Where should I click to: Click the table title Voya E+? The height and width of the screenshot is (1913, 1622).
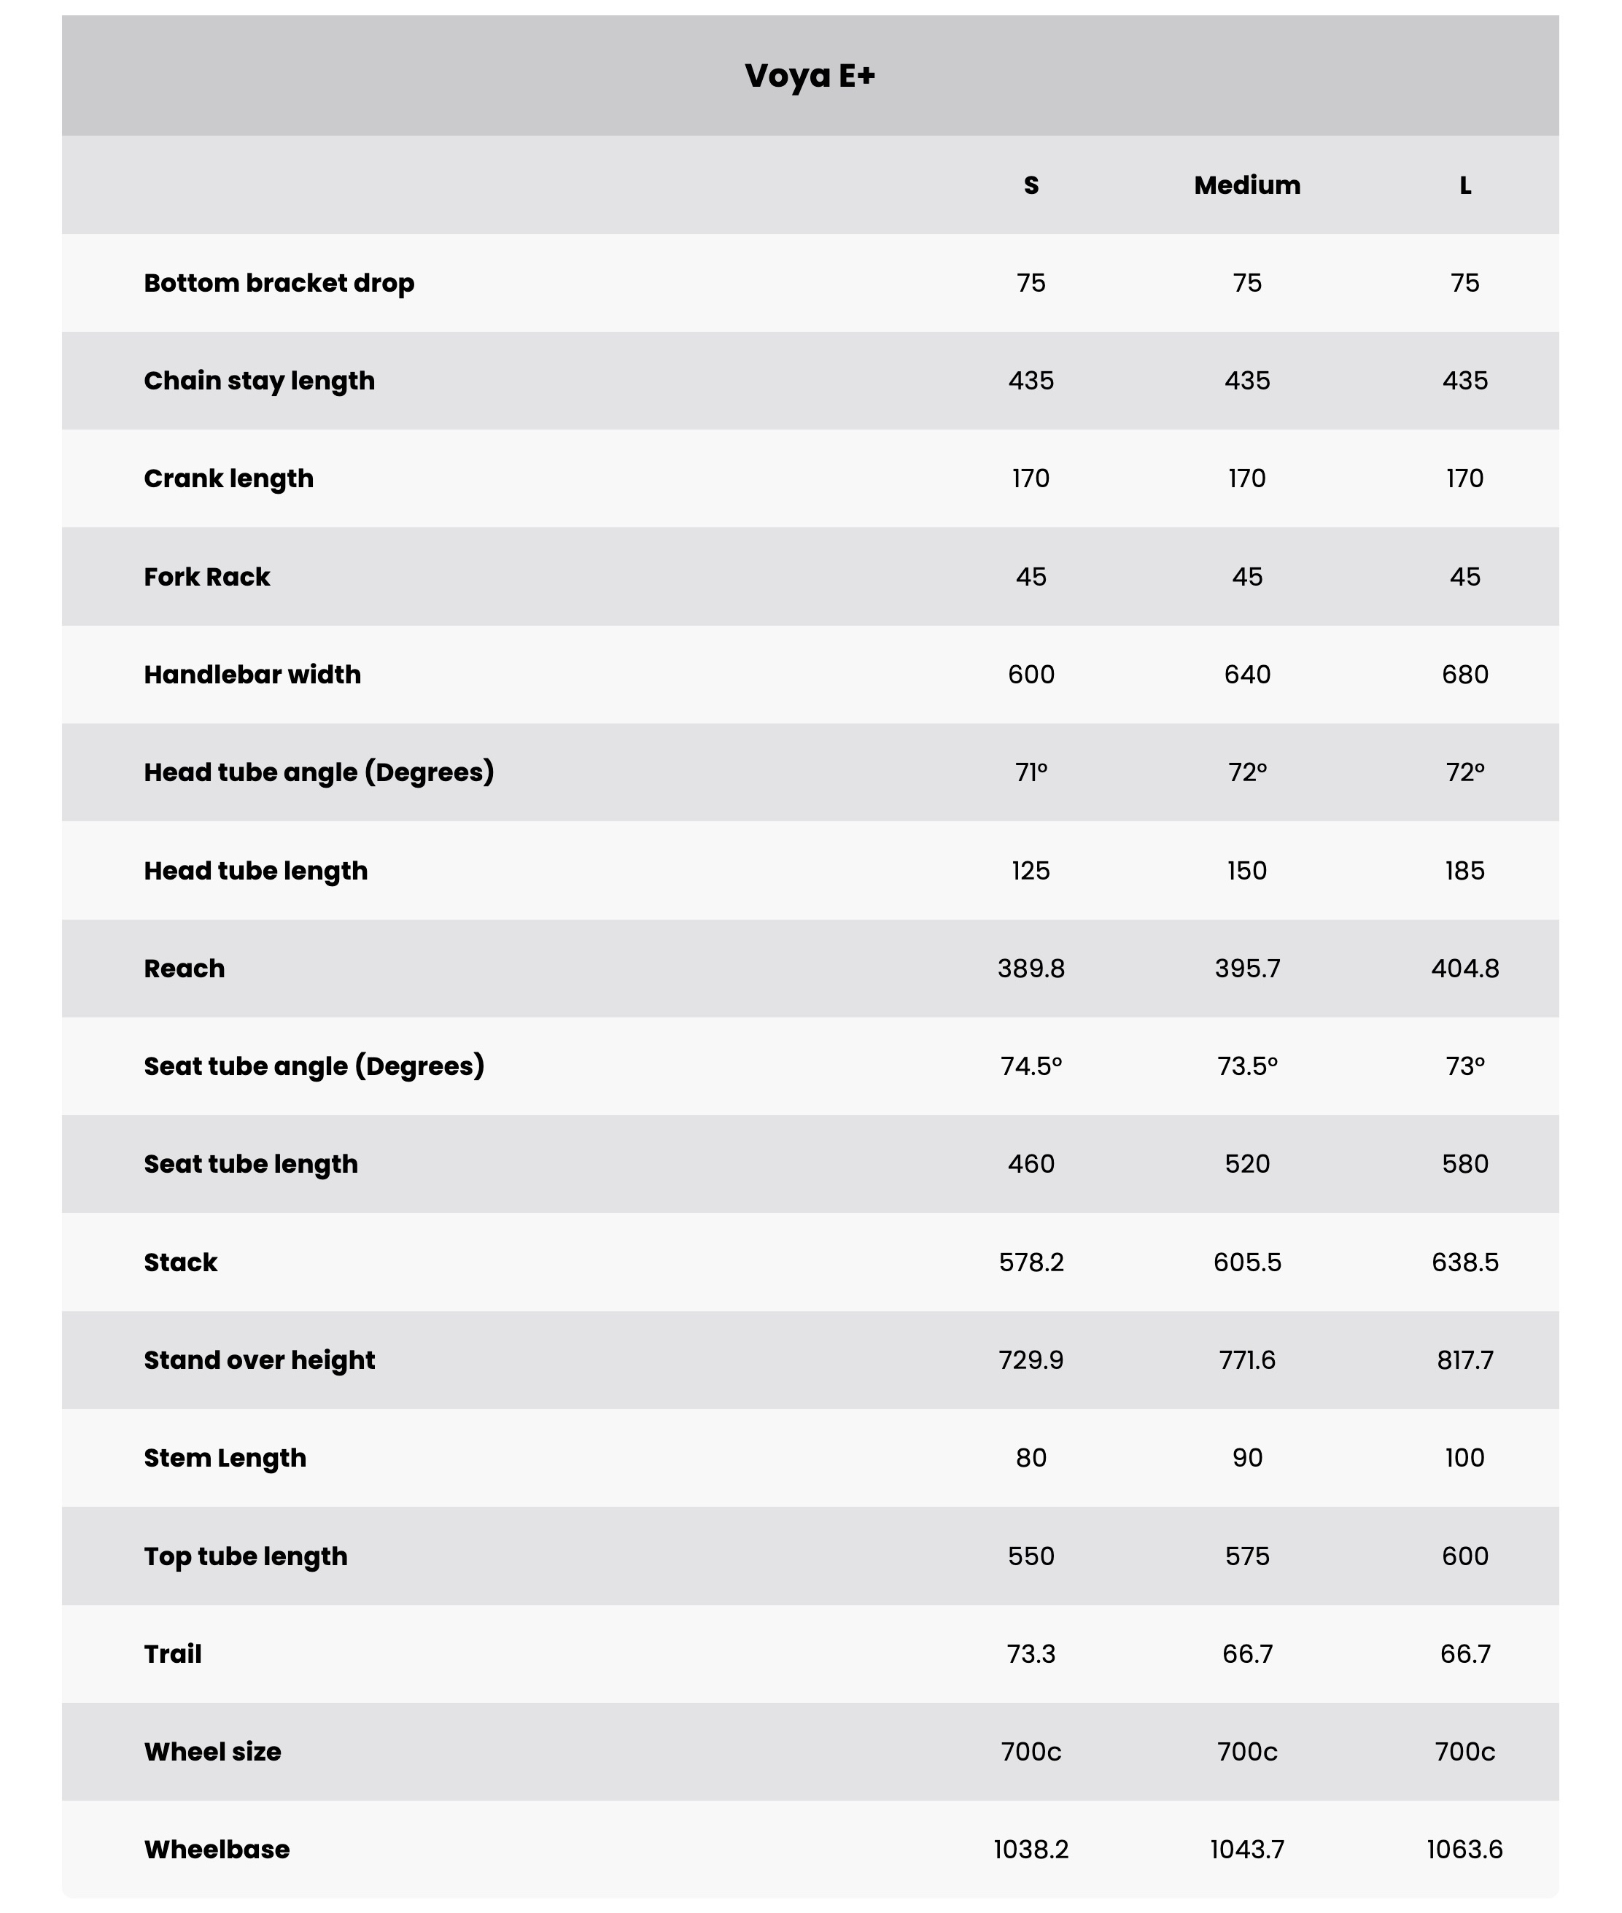click(x=809, y=75)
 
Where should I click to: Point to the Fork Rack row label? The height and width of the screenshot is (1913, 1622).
click(x=207, y=576)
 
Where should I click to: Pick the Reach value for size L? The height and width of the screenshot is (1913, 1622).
click(x=1464, y=968)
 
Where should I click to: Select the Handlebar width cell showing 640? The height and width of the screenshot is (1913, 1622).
click(x=1247, y=674)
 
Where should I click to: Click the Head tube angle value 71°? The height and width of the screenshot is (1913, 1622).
click(x=1031, y=772)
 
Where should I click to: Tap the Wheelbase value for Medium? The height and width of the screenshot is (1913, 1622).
click(x=1247, y=1849)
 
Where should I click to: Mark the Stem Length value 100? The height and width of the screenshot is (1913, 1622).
click(x=1464, y=1457)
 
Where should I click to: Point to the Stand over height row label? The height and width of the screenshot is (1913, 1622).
click(x=260, y=1359)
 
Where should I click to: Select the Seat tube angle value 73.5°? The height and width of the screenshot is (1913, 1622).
click(x=1247, y=1066)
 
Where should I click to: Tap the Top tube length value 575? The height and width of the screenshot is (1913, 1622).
click(x=1247, y=1556)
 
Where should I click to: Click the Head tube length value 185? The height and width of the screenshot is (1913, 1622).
click(x=1464, y=871)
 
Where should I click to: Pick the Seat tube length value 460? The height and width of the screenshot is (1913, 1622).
click(x=1031, y=1164)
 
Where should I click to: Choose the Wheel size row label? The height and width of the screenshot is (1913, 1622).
click(x=212, y=1751)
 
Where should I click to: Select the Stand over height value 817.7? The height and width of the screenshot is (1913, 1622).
click(x=1464, y=1359)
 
